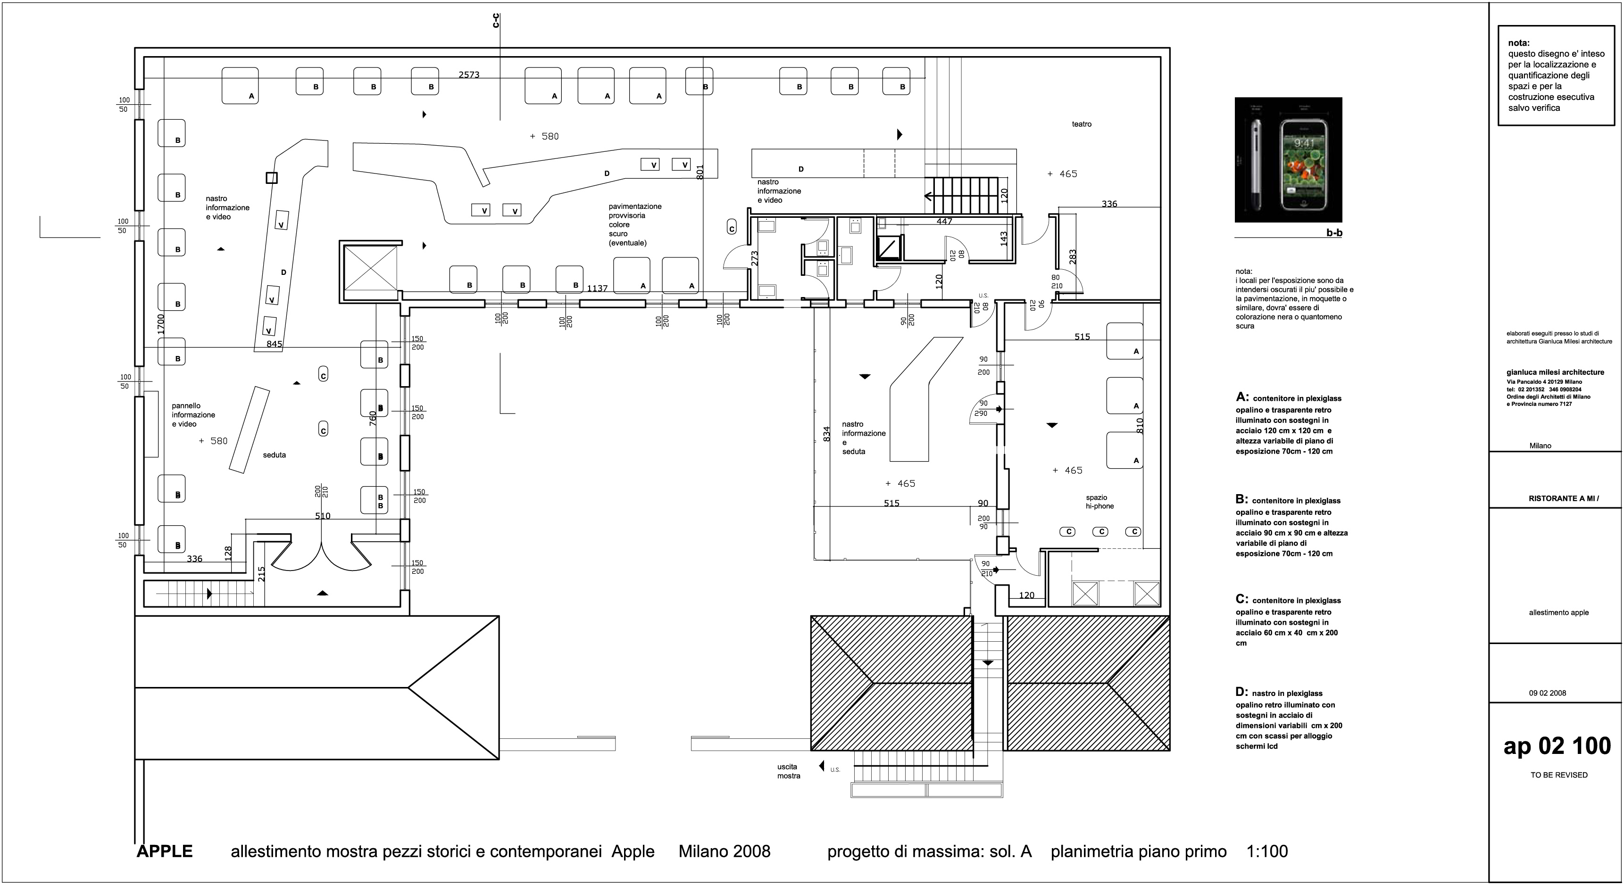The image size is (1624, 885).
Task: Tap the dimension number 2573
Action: click(468, 74)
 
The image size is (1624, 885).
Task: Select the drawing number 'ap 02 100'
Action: click(1557, 746)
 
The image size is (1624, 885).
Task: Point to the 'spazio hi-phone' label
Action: click(1099, 502)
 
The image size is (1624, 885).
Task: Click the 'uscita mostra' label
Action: click(788, 771)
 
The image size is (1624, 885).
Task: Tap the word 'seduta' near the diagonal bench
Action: click(274, 455)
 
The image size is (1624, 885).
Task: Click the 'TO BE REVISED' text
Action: click(1558, 775)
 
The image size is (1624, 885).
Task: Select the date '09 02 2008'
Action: click(1547, 693)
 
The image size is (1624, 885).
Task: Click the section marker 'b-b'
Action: click(1334, 232)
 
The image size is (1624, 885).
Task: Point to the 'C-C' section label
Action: click(496, 21)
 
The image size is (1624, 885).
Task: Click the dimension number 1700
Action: click(161, 324)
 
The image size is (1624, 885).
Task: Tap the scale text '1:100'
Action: click(1267, 852)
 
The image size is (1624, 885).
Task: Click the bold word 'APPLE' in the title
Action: click(165, 851)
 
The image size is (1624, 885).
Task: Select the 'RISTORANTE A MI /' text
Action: click(1564, 498)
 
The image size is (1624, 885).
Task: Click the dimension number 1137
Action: click(597, 288)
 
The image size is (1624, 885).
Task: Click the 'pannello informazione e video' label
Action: click(193, 415)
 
